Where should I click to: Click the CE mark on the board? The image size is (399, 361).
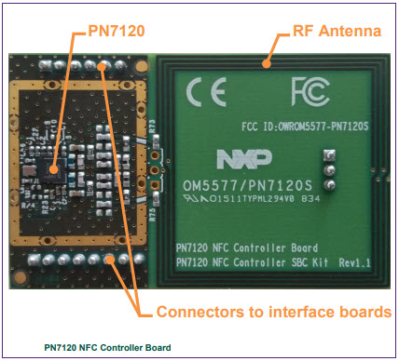(202, 94)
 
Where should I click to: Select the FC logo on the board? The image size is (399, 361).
(309, 92)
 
